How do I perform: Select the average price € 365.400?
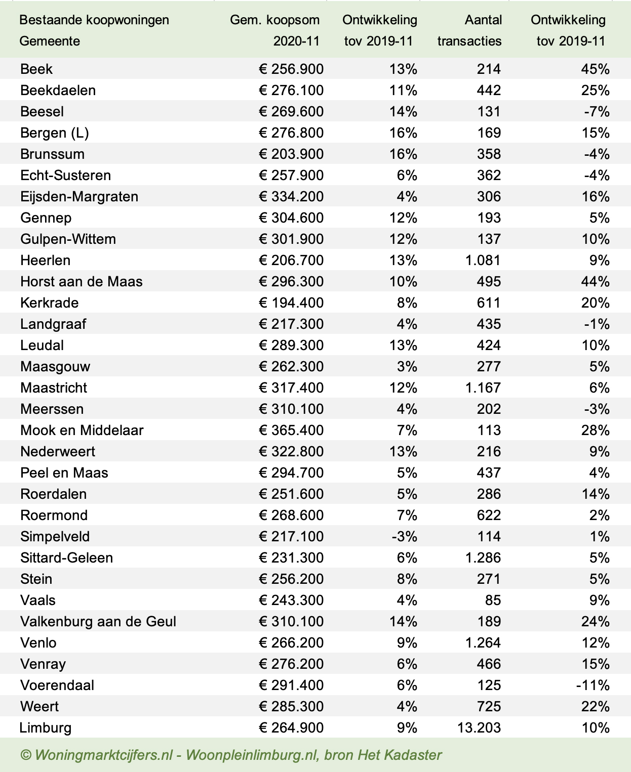[291, 430]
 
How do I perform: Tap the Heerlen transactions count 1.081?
[479, 260]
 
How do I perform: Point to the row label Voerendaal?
[57, 685]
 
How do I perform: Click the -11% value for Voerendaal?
[593, 685]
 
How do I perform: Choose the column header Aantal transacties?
[469, 30]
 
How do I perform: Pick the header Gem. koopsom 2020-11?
[275, 30]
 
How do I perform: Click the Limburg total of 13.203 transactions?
[479, 727]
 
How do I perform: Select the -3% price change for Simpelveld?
[404, 536]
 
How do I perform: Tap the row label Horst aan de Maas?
[82, 281]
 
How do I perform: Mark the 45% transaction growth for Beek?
[595, 69]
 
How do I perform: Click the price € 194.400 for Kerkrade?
[291, 303]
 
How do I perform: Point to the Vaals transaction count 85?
[493, 600]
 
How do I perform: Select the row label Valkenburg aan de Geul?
[98, 621]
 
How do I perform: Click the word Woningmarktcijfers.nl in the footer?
[104, 755]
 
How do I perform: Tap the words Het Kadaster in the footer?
[400, 755]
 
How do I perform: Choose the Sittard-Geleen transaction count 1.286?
[479, 557]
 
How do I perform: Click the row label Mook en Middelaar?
[82, 430]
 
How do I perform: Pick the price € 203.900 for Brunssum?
[291, 154]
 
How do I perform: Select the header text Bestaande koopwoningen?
[94, 20]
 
